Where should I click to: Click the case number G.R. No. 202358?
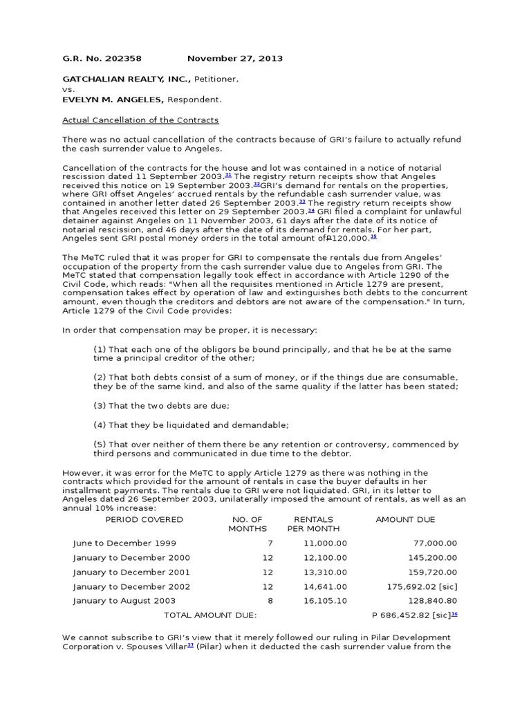click(102, 59)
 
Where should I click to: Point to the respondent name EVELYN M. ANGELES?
click(111, 100)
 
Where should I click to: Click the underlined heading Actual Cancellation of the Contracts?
click(140, 120)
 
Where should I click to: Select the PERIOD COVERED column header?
click(144, 519)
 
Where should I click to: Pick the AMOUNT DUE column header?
click(405, 519)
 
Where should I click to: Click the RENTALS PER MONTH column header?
click(313, 524)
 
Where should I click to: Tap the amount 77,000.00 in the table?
click(434, 543)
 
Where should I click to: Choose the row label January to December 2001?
click(131, 572)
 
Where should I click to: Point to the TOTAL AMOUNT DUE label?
click(209, 615)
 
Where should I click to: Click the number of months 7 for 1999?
click(270, 543)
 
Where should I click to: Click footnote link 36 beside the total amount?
click(454, 614)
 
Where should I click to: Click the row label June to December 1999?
click(124, 543)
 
